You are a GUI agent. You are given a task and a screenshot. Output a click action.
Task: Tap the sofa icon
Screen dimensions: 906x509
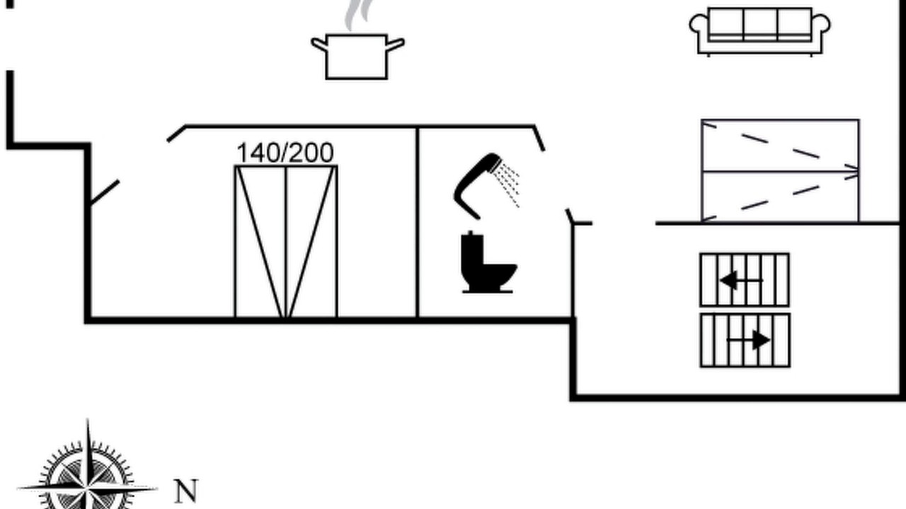click(760, 31)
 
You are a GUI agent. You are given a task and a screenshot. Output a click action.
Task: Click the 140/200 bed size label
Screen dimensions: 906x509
click(285, 153)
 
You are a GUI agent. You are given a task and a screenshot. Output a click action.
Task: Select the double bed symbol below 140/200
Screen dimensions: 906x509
click(286, 242)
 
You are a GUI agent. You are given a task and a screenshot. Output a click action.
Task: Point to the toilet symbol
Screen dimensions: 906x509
click(488, 262)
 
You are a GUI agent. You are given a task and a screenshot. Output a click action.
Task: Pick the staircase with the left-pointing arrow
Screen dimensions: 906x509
click(745, 280)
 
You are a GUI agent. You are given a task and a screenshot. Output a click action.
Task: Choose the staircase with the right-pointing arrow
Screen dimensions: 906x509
click(745, 340)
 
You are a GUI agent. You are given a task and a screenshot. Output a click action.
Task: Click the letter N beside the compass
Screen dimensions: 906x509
click(186, 491)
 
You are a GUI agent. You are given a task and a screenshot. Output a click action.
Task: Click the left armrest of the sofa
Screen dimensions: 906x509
click(699, 24)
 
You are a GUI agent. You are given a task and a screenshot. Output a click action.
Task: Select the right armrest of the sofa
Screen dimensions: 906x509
click(821, 24)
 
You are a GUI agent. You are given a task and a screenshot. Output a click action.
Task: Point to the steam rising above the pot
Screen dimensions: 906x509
click(357, 15)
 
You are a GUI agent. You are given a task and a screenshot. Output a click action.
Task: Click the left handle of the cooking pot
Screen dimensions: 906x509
click(319, 44)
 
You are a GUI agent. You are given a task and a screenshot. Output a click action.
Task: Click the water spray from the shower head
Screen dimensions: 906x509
click(506, 184)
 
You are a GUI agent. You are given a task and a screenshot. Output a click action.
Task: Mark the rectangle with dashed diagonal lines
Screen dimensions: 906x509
click(780, 171)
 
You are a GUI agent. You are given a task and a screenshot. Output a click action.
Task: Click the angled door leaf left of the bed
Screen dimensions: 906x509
click(104, 193)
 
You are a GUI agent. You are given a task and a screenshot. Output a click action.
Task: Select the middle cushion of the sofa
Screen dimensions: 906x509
click(760, 24)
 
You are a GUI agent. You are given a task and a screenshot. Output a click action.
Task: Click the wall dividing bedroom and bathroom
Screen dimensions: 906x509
click(418, 222)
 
